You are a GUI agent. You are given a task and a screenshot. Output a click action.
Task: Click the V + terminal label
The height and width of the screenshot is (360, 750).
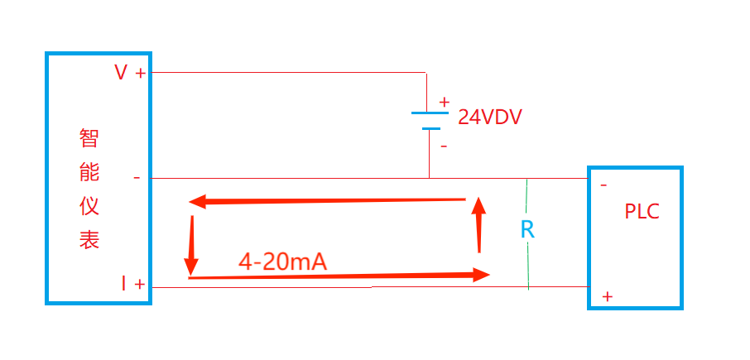pos(130,73)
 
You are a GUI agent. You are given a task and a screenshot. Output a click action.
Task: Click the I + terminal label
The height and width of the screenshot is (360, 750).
pos(132,285)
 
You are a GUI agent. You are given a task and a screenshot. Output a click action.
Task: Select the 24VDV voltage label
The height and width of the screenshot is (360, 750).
pos(490,118)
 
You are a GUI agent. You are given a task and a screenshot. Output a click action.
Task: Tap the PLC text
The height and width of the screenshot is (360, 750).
pos(642,212)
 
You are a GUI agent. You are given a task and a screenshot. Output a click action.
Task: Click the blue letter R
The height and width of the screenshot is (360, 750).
pos(527,230)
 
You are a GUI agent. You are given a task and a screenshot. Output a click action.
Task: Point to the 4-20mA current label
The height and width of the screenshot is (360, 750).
pos(283,262)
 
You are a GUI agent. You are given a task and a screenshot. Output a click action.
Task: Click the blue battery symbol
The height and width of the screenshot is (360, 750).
pos(430,121)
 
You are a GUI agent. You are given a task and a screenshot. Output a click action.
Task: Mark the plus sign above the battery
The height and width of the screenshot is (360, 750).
pos(445,103)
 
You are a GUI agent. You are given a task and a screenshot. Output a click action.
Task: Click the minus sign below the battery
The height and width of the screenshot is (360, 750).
pos(444,146)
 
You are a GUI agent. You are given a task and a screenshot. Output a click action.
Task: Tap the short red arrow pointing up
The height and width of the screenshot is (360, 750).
pos(478,224)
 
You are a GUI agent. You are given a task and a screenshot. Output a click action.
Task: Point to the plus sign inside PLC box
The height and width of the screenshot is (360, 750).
pos(608,295)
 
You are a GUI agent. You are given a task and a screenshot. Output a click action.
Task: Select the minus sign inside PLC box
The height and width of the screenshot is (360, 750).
pos(604,185)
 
